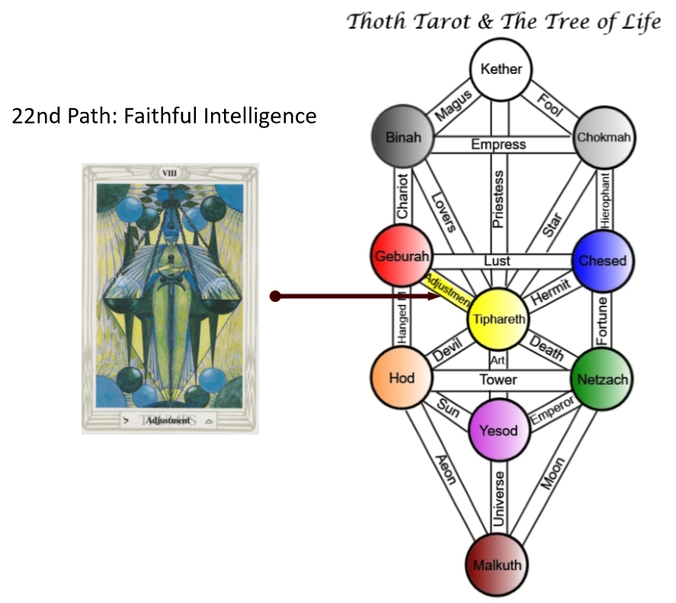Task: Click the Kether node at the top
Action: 501,69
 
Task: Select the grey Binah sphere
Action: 402,137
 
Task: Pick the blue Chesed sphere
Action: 602,261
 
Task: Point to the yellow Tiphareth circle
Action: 499,319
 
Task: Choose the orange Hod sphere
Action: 401,379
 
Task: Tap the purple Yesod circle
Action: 499,431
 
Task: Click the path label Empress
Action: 498,144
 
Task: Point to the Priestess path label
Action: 499,200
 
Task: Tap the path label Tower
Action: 498,380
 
